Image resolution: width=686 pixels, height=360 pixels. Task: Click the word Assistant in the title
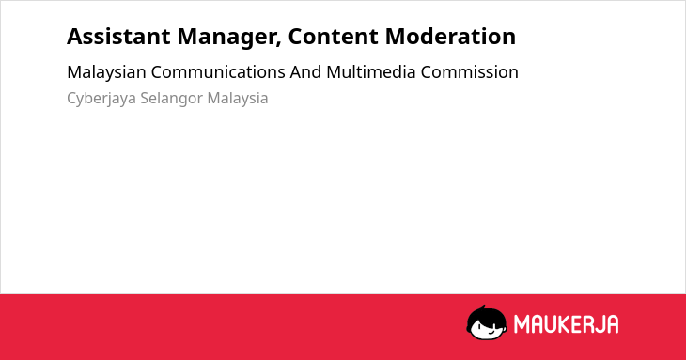(x=118, y=37)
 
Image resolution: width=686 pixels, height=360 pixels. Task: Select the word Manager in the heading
(x=229, y=38)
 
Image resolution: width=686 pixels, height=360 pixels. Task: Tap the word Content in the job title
(x=333, y=37)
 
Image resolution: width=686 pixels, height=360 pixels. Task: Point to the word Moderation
(x=450, y=37)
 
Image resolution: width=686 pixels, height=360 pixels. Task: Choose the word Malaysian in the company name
(x=106, y=72)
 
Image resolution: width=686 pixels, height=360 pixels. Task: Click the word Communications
(x=218, y=72)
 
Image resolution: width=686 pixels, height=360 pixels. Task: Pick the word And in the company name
(x=305, y=72)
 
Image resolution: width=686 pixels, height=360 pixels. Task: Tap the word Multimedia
(x=371, y=72)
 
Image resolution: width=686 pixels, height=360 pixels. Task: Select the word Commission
(x=470, y=72)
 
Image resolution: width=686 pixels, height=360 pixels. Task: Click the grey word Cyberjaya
(x=101, y=99)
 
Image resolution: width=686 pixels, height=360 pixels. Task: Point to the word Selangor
(x=171, y=99)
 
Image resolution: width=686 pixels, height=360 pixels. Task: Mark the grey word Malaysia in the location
(x=238, y=99)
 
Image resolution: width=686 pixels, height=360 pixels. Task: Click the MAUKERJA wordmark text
(x=566, y=324)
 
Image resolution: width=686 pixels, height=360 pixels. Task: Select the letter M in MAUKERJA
(x=521, y=324)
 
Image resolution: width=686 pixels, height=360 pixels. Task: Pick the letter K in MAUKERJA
(x=564, y=324)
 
